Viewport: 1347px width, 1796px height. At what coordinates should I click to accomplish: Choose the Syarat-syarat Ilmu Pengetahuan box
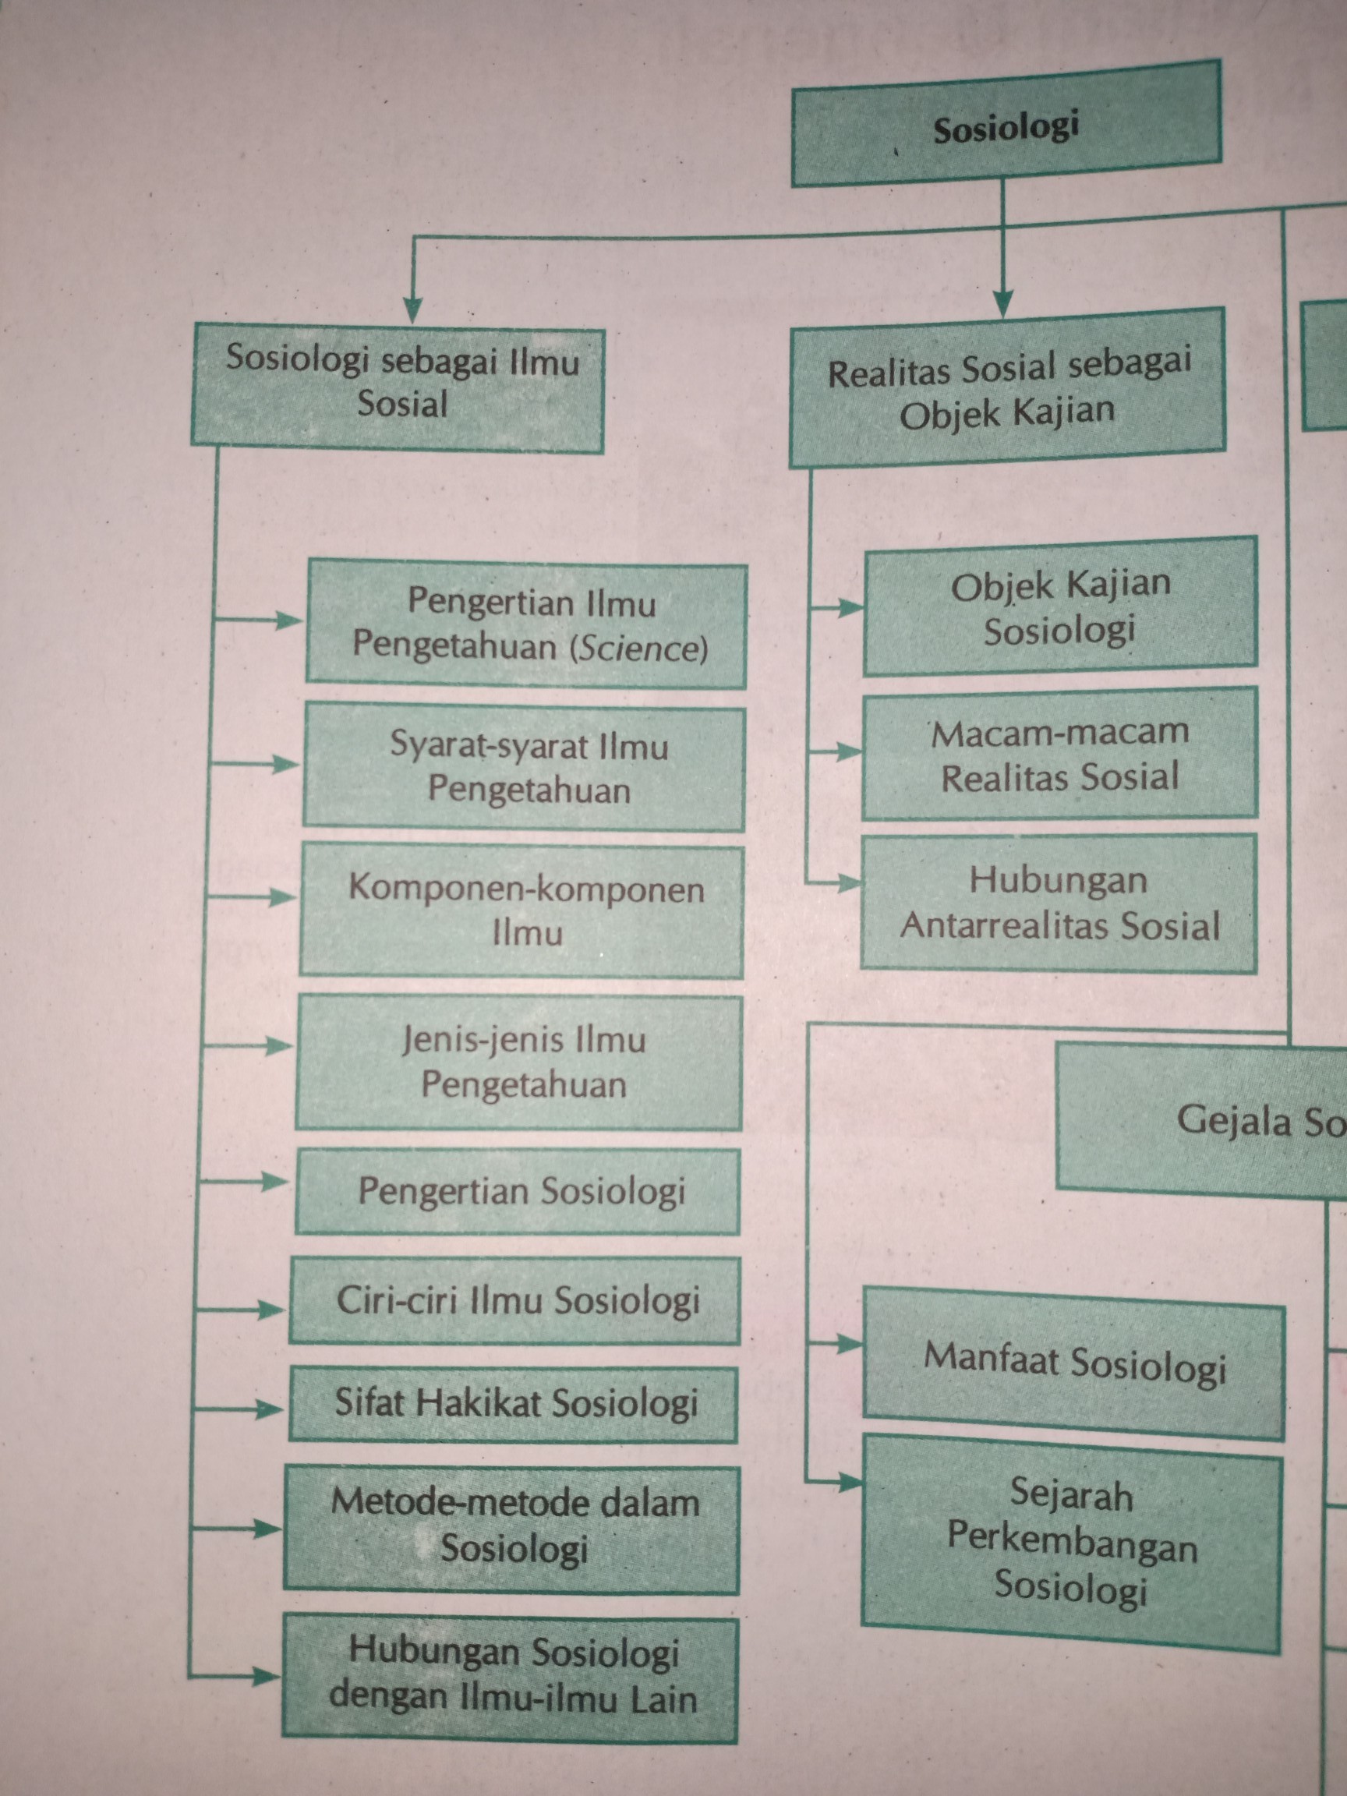(x=524, y=766)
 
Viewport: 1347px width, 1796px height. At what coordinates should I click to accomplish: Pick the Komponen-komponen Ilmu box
(x=521, y=910)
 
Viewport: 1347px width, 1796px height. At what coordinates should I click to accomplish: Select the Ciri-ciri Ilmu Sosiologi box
(x=515, y=1300)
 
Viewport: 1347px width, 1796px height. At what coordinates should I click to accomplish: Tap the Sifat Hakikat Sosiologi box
(x=514, y=1403)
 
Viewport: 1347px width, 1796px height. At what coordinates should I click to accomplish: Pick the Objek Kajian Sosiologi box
(x=1059, y=606)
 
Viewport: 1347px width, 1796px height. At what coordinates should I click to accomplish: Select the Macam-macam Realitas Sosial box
(x=1059, y=755)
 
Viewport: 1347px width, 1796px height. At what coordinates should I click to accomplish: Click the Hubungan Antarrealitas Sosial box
(x=1059, y=902)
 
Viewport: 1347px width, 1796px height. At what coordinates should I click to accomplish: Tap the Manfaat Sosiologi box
(x=1073, y=1362)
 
